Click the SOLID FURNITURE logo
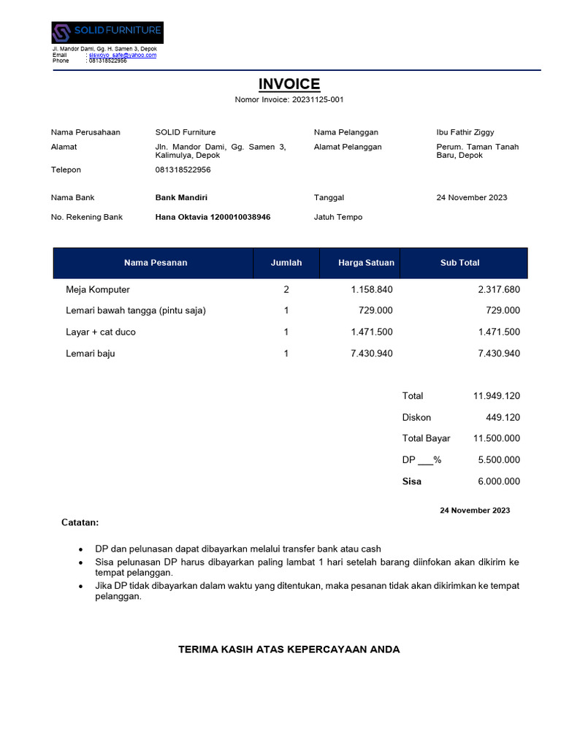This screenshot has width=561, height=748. [x=107, y=32]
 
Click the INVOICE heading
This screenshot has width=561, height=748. [x=289, y=84]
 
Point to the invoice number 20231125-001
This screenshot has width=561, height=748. [x=318, y=99]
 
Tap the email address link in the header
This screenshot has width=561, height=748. [x=123, y=55]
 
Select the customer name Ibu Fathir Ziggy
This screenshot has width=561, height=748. [x=465, y=132]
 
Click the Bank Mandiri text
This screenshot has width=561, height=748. [x=182, y=197]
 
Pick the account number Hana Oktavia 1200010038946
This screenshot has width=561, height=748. [x=213, y=217]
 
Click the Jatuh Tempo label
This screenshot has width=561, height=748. [x=338, y=217]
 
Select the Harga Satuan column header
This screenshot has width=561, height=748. [x=366, y=263]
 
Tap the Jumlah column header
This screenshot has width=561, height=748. [x=286, y=263]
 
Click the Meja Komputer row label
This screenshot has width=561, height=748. [x=98, y=289]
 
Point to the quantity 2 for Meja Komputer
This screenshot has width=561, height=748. [x=286, y=289]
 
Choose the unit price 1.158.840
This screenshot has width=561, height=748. [x=372, y=289]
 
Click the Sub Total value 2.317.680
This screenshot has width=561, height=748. [x=499, y=289]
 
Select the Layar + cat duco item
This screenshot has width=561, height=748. [x=101, y=332]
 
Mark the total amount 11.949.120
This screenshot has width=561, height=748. [x=497, y=396]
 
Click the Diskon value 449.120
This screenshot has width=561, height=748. [x=503, y=417]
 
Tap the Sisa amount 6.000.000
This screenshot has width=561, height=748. [x=499, y=481]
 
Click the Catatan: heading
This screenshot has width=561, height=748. [x=80, y=523]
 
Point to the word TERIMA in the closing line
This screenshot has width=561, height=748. [x=197, y=649]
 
